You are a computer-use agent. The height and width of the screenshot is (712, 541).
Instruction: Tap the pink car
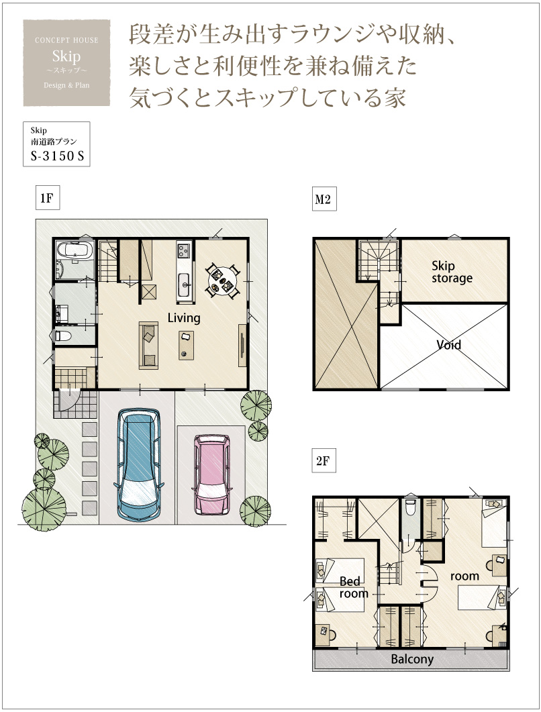(213, 475)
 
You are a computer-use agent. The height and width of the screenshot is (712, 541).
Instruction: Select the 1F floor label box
(48, 198)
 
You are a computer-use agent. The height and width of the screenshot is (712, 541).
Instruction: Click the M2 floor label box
(324, 199)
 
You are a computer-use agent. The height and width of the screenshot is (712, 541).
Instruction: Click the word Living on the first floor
(184, 318)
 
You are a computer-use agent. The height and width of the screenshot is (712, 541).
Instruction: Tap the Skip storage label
(452, 272)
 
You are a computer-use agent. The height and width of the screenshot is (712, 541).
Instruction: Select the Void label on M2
(449, 345)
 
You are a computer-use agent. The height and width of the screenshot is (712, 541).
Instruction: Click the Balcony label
(412, 659)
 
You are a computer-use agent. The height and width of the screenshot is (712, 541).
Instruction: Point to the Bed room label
(354, 587)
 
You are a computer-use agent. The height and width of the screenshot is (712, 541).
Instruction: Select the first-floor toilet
(63, 336)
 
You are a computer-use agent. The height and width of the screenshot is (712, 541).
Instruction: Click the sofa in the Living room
(148, 346)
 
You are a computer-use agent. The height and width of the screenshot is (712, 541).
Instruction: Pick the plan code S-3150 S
(57, 156)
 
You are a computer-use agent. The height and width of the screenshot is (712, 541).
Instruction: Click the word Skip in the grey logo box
(66, 56)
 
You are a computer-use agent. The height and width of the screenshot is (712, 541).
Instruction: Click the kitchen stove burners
(184, 249)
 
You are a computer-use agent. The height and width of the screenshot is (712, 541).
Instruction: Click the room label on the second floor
(464, 576)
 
